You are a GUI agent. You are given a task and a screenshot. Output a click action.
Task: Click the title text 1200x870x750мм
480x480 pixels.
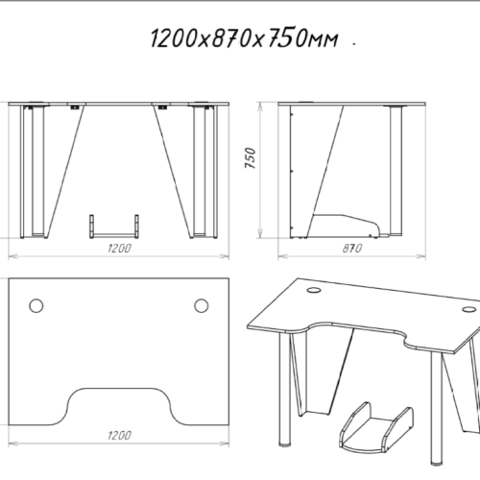coord(244,38)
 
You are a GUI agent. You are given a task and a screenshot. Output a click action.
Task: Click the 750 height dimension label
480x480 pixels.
coord(250,158)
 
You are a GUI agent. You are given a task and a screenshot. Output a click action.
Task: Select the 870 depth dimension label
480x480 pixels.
coord(352,249)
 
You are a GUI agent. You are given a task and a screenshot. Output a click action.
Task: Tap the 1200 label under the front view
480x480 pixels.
coord(119,249)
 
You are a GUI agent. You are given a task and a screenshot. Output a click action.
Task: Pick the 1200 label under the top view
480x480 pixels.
coord(119,435)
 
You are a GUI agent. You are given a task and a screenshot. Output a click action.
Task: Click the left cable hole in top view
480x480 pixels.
coord(36,305)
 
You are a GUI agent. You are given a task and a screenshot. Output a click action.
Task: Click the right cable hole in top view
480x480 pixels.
coord(202,305)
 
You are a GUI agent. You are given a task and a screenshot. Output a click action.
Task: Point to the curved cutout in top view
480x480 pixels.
coord(119,389)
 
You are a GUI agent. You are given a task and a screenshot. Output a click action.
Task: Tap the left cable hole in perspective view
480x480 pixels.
coord(314,290)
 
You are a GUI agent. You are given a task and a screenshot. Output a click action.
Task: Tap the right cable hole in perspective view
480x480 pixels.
coord(468,309)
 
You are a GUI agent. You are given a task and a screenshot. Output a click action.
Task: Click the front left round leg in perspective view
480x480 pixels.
coord(285,389)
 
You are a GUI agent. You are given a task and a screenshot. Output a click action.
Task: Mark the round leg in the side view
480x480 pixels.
coord(396,171)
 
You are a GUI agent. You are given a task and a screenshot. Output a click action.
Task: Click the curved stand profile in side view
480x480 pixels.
coord(348,224)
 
